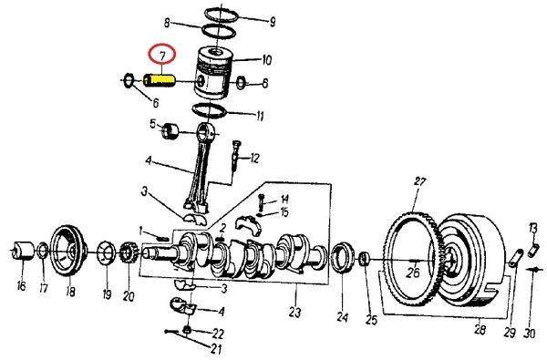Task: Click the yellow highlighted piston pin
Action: tap(160, 80)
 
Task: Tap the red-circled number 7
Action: tap(161, 55)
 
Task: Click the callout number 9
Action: tap(273, 22)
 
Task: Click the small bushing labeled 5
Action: tap(170, 131)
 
